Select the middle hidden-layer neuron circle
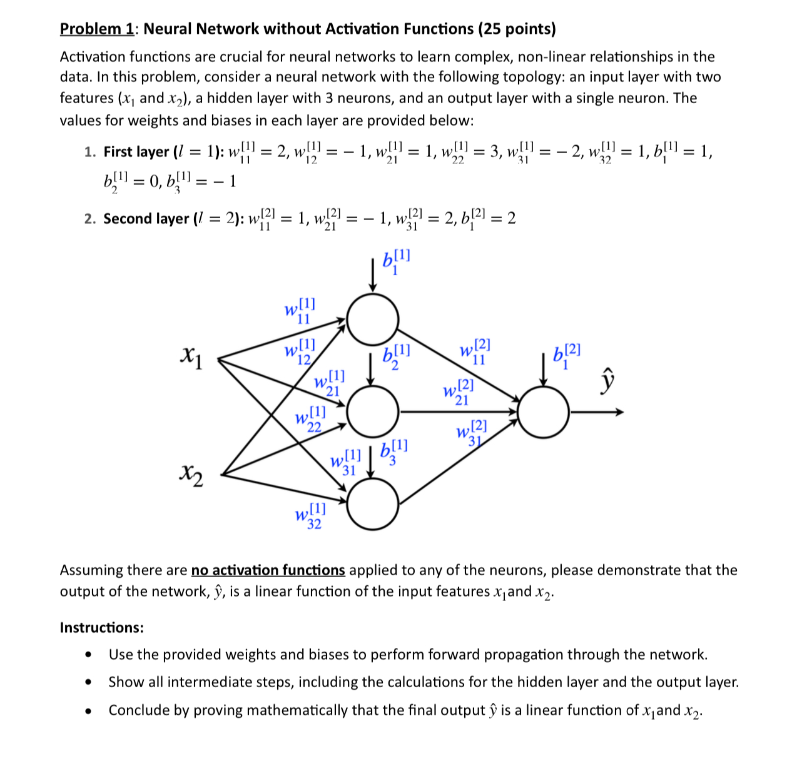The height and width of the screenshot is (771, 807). (x=373, y=411)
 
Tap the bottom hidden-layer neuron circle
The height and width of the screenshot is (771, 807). (x=373, y=505)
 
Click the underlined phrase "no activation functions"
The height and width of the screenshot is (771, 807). (x=268, y=570)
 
